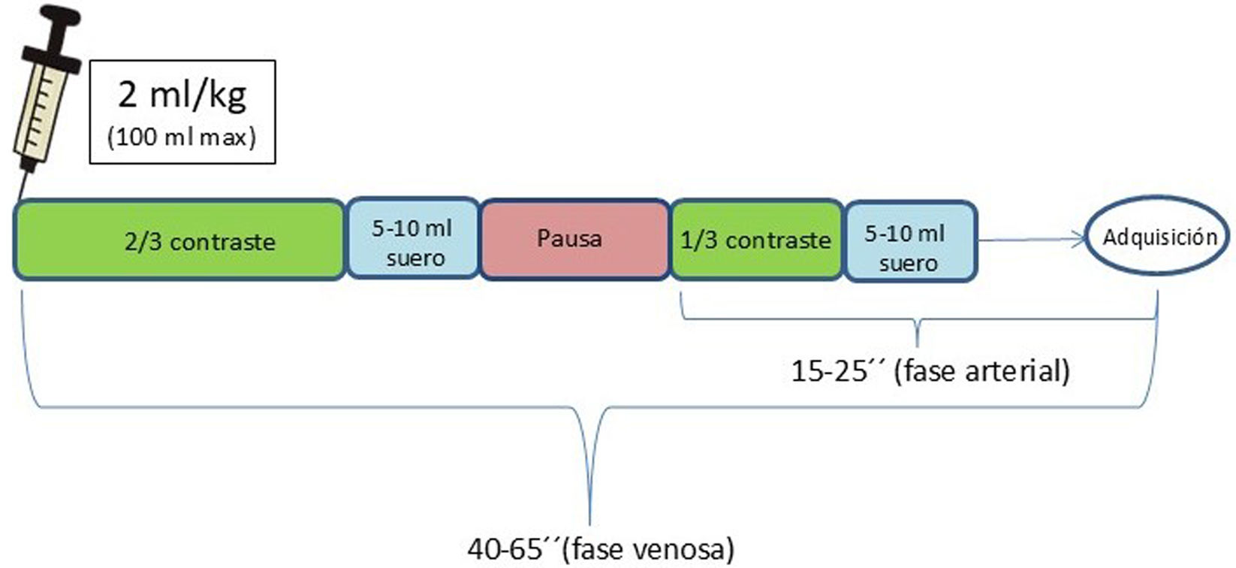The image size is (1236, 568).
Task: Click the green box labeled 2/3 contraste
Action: point(179,239)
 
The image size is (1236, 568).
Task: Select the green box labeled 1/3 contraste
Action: point(756,240)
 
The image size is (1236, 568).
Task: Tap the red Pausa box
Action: point(574,239)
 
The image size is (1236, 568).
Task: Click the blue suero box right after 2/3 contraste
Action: point(412,240)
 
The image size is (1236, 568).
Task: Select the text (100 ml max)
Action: point(182,137)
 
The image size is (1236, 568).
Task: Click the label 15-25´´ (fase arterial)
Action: point(930,370)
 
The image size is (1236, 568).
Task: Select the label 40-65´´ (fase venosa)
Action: point(601,549)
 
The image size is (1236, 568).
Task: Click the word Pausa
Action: point(569,238)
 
